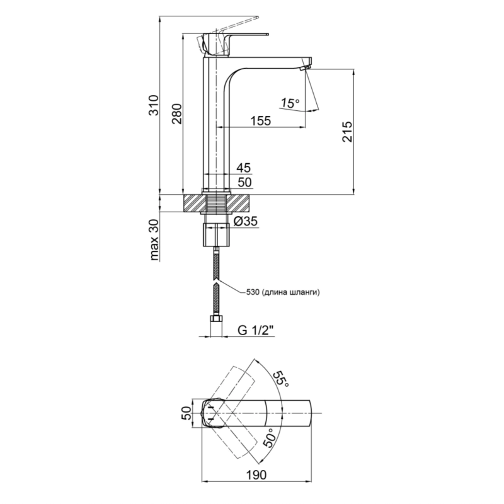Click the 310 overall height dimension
point(155,105)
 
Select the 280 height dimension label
point(177,114)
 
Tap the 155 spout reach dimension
point(261,120)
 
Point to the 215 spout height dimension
point(347,132)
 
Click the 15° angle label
point(290,103)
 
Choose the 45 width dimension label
point(244,168)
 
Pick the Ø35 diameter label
point(246,221)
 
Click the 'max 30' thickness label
point(154,240)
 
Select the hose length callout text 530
point(253,292)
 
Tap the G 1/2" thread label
point(256,329)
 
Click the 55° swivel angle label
point(281,379)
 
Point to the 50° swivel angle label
point(269,438)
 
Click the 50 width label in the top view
point(186,413)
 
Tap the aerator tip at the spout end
point(304,67)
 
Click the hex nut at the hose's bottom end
point(216,319)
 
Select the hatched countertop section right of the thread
point(239,203)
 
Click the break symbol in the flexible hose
point(216,282)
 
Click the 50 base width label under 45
point(244,182)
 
